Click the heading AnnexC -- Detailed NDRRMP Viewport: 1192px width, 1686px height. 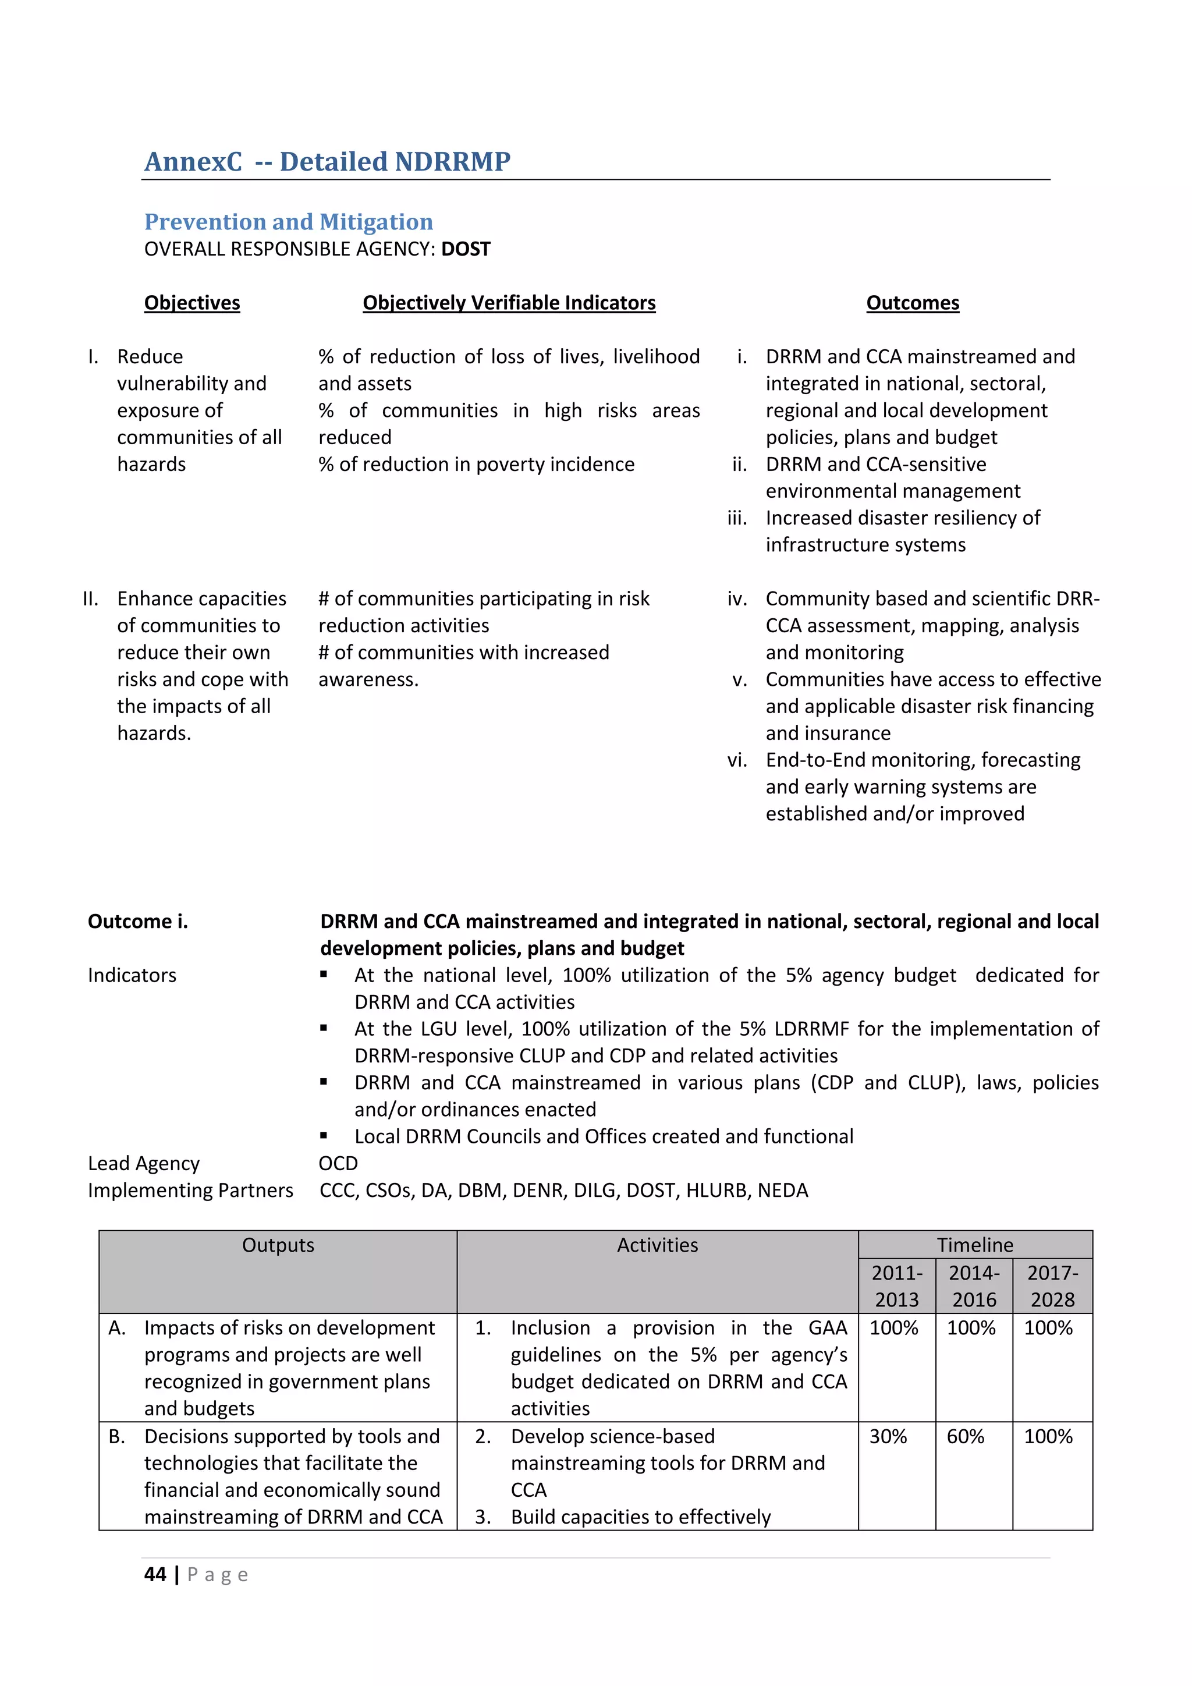pos(327,161)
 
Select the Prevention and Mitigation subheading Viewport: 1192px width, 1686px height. pos(289,222)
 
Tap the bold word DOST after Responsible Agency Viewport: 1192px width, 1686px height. pos(466,250)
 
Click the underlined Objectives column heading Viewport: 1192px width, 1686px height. pos(191,303)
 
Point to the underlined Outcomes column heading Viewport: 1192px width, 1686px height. pos(913,303)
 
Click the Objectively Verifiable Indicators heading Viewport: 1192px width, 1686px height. pos(509,303)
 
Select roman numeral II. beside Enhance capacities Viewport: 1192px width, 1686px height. pos(90,598)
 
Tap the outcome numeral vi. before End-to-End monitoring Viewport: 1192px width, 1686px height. pos(737,760)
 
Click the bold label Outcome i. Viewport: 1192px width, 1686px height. pos(138,922)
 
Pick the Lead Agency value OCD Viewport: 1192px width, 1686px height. pos(338,1163)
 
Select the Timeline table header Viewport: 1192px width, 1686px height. pos(975,1245)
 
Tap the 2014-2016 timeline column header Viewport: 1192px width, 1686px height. pos(974,1286)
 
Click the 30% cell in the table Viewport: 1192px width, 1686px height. pos(888,1436)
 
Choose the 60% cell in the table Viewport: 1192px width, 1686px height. pos(965,1436)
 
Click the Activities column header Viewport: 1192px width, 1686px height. pos(657,1245)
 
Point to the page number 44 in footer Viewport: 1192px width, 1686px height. pos(155,1574)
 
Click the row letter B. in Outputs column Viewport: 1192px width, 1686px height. pos(117,1436)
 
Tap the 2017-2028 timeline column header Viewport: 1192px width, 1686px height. pos(1052,1286)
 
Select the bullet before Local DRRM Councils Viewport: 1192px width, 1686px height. pos(324,1135)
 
